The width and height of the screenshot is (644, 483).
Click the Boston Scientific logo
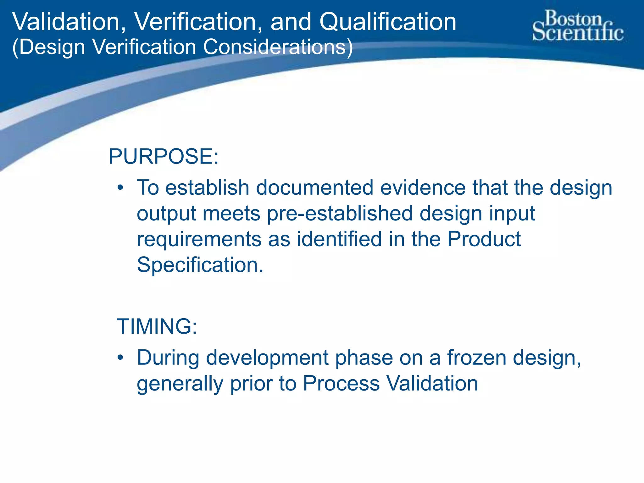(578, 26)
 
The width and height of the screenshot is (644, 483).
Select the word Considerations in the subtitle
(278, 47)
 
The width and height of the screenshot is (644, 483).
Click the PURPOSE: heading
(164, 156)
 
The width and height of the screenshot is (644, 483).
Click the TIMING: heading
(157, 326)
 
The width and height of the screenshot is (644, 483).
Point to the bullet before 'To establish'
(120, 188)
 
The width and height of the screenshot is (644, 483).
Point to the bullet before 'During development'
(120, 358)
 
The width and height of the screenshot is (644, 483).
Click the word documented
(314, 188)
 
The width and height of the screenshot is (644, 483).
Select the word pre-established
(340, 214)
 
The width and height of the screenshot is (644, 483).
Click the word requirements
(199, 240)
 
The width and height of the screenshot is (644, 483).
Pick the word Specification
(200, 265)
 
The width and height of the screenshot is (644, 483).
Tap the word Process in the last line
(341, 384)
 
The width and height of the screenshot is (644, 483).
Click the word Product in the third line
(484, 239)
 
